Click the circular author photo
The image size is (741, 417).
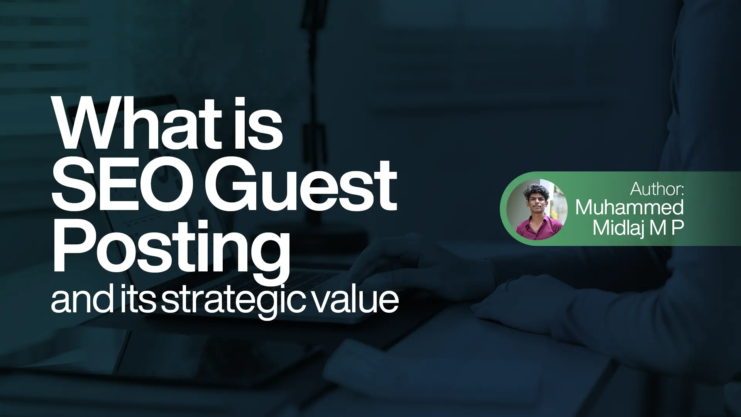click(x=537, y=209)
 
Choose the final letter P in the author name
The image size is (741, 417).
click(x=677, y=228)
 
